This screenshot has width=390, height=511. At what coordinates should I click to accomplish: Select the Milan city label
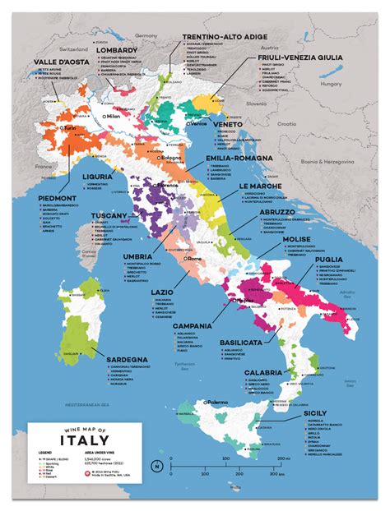pos(113,116)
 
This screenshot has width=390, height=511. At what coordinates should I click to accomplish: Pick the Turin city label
pos(70,129)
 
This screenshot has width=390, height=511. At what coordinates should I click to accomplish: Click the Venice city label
pos(199,123)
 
